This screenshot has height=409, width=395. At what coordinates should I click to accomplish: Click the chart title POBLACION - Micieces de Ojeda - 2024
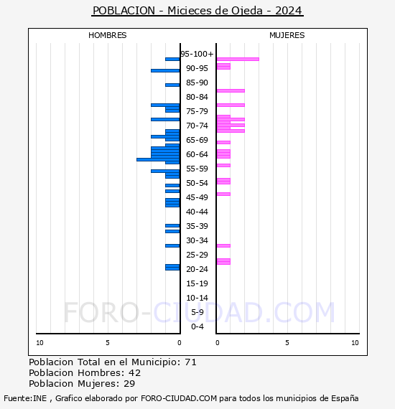pos(197,11)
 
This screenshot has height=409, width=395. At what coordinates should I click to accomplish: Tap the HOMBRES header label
pos(108,35)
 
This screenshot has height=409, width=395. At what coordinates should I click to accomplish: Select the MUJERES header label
pos(287,35)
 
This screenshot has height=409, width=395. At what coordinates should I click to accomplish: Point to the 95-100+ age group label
pos(197,54)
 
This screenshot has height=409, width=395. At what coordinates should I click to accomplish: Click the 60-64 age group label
pos(197,154)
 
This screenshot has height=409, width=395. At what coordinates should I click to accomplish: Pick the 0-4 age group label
pos(197,326)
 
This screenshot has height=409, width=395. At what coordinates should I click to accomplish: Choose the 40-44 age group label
pos(197,212)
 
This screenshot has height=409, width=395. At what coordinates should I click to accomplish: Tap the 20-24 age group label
pos(197,269)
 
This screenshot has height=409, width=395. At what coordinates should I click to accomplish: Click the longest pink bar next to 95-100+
pos(238,59)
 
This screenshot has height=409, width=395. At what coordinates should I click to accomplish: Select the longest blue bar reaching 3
pos(158,159)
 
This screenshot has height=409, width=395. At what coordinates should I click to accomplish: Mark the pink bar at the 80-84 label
pos(231,90)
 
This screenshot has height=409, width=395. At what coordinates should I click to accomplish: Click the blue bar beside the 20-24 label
pos(172,267)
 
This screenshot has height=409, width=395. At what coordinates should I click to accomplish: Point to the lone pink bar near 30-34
pos(223,245)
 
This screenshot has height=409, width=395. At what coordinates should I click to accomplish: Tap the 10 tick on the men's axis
pos(39,343)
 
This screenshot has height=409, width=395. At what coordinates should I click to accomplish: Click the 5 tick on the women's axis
pos(287,343)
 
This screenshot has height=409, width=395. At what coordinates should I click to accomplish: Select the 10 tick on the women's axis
pos(355,343)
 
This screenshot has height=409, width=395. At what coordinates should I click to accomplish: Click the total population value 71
pos(190,362)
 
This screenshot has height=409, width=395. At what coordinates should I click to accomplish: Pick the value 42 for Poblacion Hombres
pos(134,373)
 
